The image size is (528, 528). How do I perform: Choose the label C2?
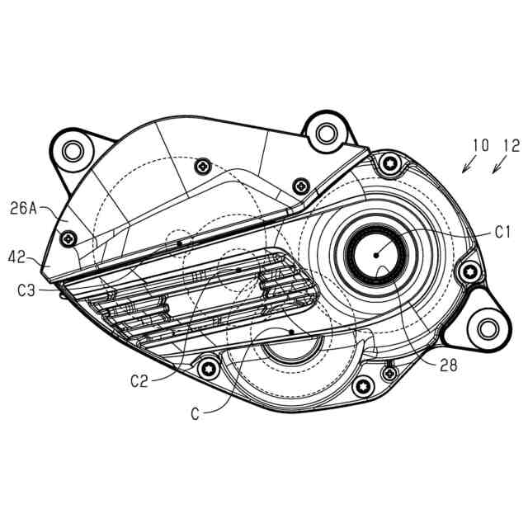[x=139, y=380]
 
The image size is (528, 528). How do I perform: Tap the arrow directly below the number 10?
[x=467, y=167]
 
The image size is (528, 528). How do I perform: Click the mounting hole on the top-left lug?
[x=73, y=150]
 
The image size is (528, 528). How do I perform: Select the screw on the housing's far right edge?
[x=470, y=271]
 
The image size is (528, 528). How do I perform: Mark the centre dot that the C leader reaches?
[x=293, y=331]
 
